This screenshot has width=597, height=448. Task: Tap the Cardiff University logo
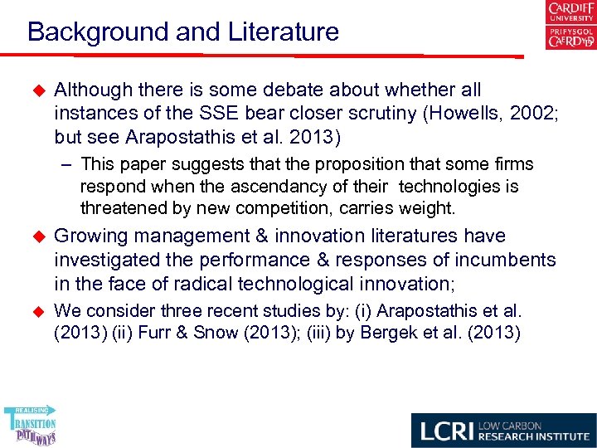[x=570, y=26]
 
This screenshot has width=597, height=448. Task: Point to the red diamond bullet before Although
[x=36, y=90]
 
